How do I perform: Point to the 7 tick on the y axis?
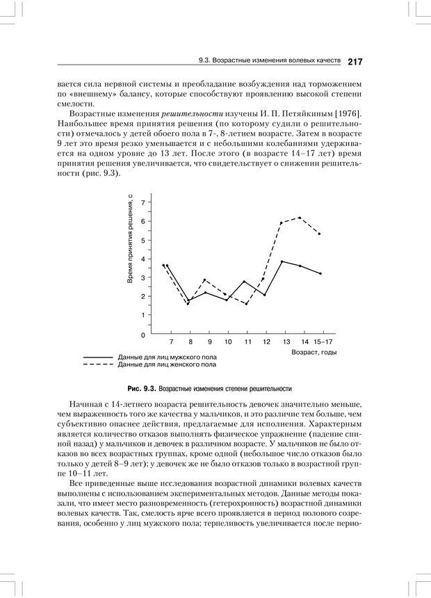[x=143, y=202]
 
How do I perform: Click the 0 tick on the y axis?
[x=143, y=334]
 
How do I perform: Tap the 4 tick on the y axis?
[x=143, y=259]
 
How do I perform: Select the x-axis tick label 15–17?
[x=323, y=343]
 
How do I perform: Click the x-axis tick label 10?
[x=228, y=343]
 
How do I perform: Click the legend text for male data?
[x=167, y=356]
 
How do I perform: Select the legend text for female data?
[x=167, y=364]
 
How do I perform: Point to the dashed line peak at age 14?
[x=300, y=218]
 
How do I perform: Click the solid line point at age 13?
[x=281, y=261]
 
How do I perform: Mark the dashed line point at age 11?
[x=246, y=304]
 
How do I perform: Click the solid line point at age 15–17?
[x=320, y=273]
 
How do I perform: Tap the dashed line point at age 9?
[x=204, y=280]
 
